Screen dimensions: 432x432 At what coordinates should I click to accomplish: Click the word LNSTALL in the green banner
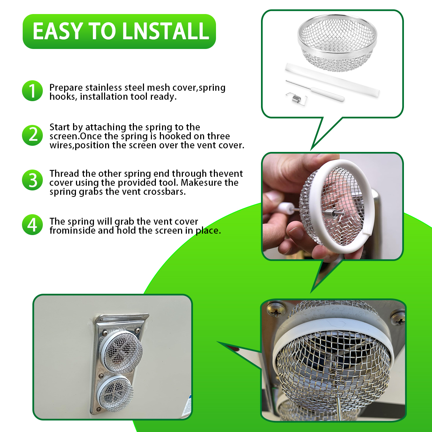tap(166, 31)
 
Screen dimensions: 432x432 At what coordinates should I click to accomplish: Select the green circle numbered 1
tap(32, 91)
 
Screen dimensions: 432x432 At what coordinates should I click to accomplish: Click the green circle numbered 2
tap(32, 135)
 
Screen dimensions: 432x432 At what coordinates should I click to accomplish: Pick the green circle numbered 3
tap(32, 180)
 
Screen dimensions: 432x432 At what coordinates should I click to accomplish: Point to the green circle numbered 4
tap(32, 225)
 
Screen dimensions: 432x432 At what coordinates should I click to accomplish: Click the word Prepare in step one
tap(66, 88)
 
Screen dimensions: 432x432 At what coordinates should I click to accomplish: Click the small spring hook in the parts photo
tap(296, 98)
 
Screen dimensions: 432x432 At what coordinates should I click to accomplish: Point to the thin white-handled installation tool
tap(315, 91)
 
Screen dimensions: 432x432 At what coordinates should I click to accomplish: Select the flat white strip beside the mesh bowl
tap(332, 80)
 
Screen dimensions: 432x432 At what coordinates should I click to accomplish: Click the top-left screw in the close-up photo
tap(276, 310)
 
